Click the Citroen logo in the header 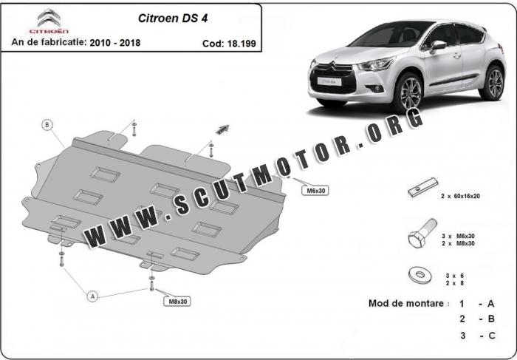point(49,21)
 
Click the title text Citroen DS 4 point(173,18)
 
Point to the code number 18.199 point(240,44)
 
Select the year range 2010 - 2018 point(115,43)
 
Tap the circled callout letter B point(47,125)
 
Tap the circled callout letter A point(92,296)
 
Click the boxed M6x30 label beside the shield point(315,191)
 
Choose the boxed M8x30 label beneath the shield point(177,302)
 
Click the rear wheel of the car point(493,83)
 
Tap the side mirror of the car point(437,45)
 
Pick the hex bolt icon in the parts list point(422,233)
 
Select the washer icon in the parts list point(420,274)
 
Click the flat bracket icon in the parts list point(423,187)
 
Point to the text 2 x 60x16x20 point(460,196)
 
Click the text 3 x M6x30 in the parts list point(458,236)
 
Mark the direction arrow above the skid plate point(222,129)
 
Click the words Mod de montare point(406,303)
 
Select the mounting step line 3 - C point(478,336)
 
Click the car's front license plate point(329,81)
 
